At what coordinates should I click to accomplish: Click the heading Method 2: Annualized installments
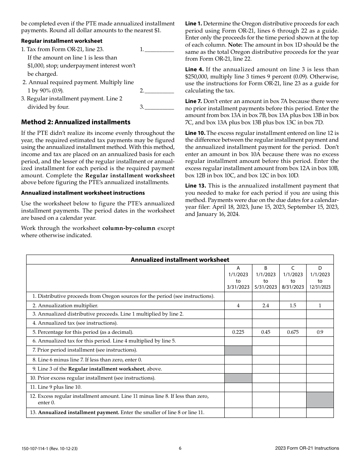tap(76, 122)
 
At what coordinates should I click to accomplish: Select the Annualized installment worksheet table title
tap(180, 260)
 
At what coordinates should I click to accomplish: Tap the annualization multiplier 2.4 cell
tap(265, 305)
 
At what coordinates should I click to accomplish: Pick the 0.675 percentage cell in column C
tap(293, 332)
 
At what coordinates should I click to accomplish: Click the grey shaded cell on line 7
tap(238, 350)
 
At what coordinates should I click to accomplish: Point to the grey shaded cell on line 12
tap(320, 400)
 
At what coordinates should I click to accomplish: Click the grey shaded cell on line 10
tap(238, 378)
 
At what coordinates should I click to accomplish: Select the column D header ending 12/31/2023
tap(320, 278)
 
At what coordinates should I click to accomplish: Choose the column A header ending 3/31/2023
tap(238, 278)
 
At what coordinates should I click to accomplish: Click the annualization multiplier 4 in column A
tap(238, 305)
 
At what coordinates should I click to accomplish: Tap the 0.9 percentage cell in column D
tap(320, 332)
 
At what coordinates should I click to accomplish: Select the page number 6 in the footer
tap(180, 448)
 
